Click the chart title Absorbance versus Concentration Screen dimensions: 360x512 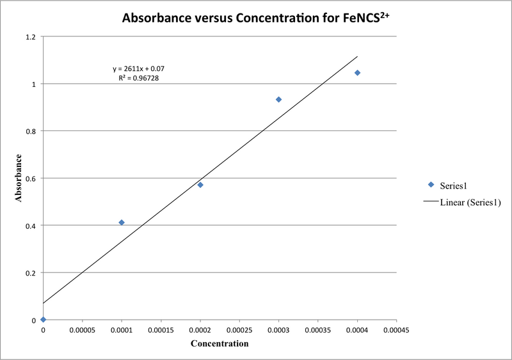click(x=256, y=19)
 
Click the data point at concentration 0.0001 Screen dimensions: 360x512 click(x=122, y=223)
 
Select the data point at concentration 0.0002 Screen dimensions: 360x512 click(x=200, y=185)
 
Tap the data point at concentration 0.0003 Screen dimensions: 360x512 click(x=278, y=99)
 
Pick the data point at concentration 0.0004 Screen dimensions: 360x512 click(x=357, y=73)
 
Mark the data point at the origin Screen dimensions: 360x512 click(x=43, y=320)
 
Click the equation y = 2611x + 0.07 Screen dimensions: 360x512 click(x=139, y=68)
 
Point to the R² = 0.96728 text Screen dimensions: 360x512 click(x=139, y=78)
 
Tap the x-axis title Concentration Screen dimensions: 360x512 click(x=220, y=344)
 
